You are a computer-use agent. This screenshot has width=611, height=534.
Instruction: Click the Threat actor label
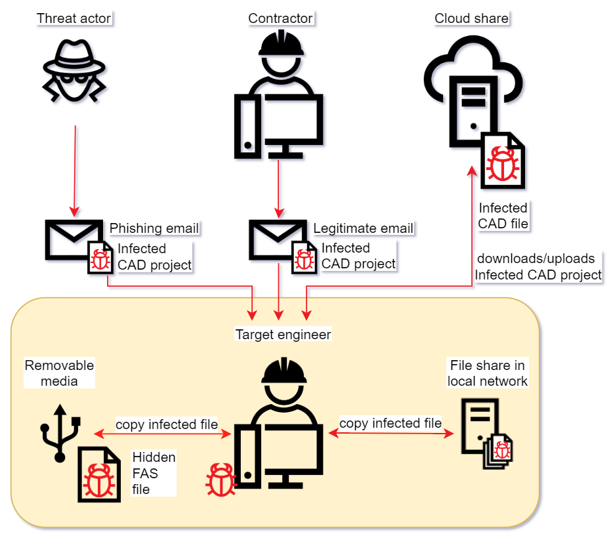tap(74, 18)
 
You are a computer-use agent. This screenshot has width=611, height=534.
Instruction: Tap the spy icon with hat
tap(74, 71)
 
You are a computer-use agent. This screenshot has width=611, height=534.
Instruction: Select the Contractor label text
tap(280, 18)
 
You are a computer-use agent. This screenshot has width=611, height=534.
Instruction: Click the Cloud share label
tap(471, 18)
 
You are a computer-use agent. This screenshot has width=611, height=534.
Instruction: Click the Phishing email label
tap(154, 228)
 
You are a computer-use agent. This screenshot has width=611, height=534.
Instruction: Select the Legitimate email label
tap(364, 228)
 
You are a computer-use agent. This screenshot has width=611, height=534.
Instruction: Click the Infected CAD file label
tap(503, 216)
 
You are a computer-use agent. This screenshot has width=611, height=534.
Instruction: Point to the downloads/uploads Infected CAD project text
tap(538, 266)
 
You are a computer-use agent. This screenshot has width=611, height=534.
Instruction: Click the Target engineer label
tap(284, 335)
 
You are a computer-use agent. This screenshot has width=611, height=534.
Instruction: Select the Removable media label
tap(59, 373)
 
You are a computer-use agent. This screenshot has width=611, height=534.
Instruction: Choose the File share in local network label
tap(488, 373)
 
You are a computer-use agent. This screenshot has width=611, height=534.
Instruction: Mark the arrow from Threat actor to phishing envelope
tap(75, 171)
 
